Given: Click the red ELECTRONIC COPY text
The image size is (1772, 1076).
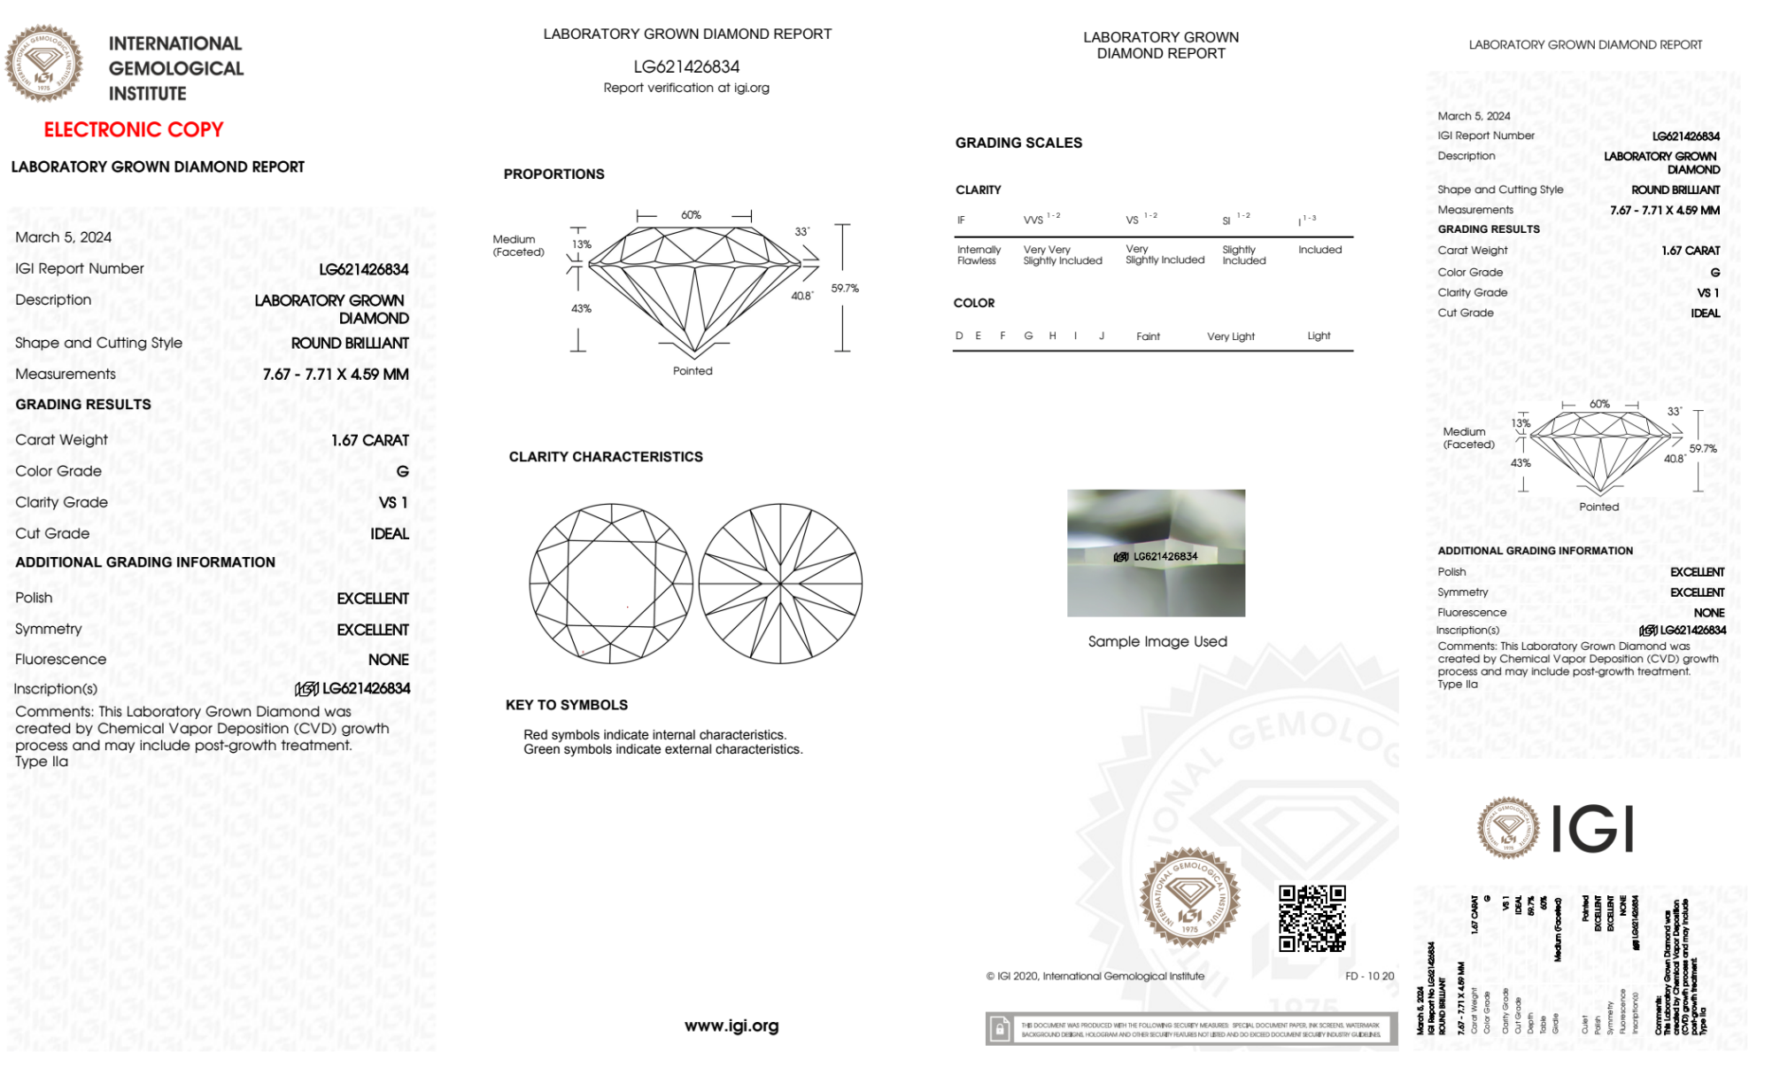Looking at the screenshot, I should pos(134,130).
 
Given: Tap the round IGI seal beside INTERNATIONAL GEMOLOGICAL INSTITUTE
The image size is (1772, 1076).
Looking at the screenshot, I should pos(44,64).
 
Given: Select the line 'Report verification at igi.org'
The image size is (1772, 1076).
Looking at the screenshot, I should pos(686,88).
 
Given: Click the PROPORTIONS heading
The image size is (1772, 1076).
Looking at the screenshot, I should pos(553,174).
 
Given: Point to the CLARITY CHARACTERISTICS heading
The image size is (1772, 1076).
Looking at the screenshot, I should pos(606,457).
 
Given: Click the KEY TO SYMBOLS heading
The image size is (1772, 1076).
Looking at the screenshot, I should pos(567,705).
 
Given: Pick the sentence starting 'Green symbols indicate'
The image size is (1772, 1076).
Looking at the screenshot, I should pos(662,750).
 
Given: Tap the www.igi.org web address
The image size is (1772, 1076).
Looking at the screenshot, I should pos(731,1026).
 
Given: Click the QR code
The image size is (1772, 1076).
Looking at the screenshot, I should pos(1312,918).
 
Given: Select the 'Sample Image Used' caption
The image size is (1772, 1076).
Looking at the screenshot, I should pos(1157,642).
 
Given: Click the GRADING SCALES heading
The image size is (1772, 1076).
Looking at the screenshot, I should pos(1018,143).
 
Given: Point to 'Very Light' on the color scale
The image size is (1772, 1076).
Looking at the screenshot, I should pos(1231,337).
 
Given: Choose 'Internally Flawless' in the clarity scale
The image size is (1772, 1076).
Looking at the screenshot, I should pos(979,255).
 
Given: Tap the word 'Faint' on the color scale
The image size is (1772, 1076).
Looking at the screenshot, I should pos(1148,337).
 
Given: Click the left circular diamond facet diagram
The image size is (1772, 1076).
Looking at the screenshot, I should pos(611,584).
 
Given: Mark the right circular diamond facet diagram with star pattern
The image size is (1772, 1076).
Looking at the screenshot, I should pos(780,584).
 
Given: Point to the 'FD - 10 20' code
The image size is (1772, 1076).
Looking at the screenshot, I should pos(1369,976).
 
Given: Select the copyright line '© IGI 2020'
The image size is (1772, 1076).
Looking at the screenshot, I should pos(1095,976).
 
